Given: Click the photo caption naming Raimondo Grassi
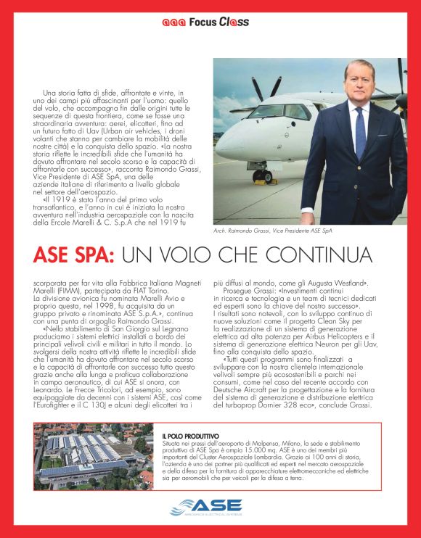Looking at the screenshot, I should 273,231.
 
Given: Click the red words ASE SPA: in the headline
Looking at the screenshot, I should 73,255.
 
